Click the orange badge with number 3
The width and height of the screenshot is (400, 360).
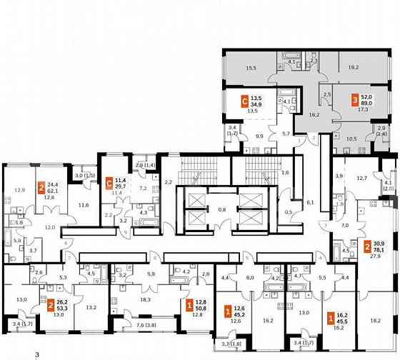[x=356, y=101]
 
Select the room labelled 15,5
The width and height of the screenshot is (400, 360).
[x=250, y=68]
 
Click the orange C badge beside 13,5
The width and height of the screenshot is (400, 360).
[x=245, y=101]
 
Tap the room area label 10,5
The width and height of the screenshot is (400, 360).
[x=351, y=139]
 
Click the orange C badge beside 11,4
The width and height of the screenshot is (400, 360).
[x=109, y=181]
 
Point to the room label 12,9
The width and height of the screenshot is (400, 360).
[x=20, y=190]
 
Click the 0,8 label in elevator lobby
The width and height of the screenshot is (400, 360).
[x=222, y=209]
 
